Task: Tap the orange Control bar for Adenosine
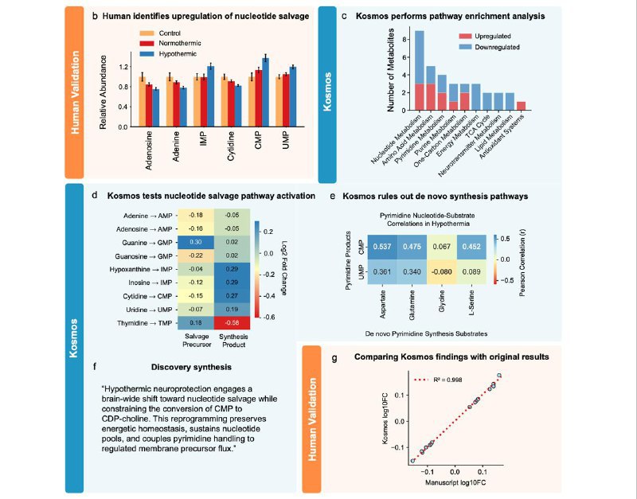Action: (142, 101)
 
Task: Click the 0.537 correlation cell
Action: (384, 246)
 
